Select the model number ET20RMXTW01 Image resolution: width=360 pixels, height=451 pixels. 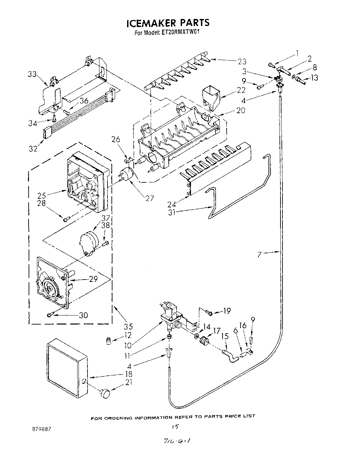tap(181, 33)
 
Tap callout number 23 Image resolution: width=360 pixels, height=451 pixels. tap(242, 61)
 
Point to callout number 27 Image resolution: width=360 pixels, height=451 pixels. tap(150, 198)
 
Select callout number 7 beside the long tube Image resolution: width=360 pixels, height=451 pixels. tap(260, 255)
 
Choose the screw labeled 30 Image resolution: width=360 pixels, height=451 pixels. tap(50, 315)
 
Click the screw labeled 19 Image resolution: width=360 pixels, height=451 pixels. tap(209, 312)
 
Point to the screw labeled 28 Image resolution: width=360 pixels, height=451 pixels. tap(67, 219)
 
